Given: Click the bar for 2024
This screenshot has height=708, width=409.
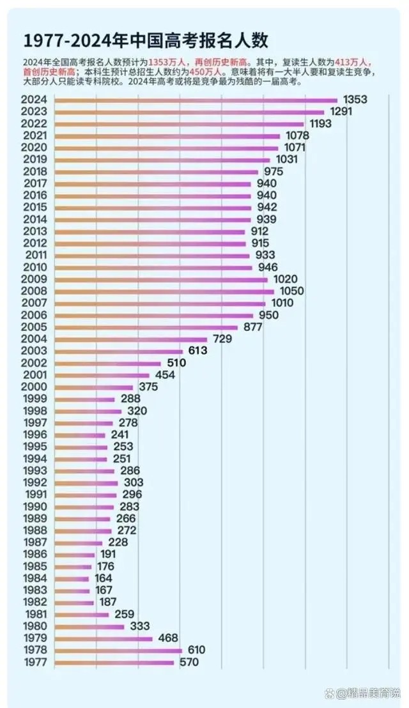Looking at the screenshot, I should [x=196, y=100].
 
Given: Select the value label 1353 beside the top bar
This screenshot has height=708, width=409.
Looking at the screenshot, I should [x=355, y=100].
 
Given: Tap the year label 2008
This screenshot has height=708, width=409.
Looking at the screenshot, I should [x=33, y=291].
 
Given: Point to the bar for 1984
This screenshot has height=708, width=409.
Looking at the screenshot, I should [x=72, y=579].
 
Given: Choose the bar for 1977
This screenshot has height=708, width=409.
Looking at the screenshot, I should [x=114, y=663].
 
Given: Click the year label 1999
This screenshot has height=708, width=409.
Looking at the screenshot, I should [x=33, y=399].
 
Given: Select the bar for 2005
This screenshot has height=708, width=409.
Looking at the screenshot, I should [x=146, y=327].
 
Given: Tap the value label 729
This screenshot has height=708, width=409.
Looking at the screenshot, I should [x=222, y=339].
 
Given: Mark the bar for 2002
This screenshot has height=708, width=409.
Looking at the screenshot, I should [x=107, y=363].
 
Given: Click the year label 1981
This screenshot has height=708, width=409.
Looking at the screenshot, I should [x=33, y=615].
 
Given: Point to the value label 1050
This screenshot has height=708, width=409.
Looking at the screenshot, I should [x=292, y=291].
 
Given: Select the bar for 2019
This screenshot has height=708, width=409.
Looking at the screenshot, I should [x=162, y=160].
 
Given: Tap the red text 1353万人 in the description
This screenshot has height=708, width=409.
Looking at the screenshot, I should [x=167, y=62].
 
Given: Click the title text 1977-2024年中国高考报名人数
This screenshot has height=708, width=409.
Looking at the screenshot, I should [x=146, y=40].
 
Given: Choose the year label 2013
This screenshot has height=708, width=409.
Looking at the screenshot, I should [x=33, y=231].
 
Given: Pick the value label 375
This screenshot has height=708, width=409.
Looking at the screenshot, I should [x=148, y=387].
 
